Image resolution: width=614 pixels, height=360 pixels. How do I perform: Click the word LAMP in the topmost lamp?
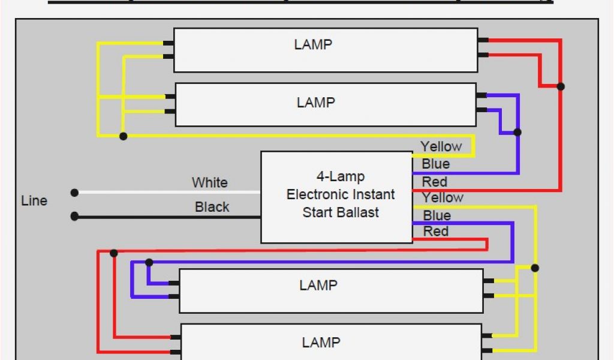pos(313,44)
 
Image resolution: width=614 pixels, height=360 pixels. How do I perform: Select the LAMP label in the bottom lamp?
pos(321,342)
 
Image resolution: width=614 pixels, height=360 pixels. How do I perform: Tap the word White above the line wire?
pos(209,182)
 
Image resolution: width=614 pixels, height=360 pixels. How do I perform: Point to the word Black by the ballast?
pos(212,207)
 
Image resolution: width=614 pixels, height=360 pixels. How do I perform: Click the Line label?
pos(34,200)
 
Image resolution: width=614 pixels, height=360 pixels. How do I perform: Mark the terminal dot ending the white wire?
pos(74,193)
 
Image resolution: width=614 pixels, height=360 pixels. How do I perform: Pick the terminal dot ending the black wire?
pos(74,216)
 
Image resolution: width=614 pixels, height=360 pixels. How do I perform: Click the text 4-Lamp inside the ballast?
pos(341,176)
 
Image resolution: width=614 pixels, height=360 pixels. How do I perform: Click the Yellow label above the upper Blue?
pos(441,146)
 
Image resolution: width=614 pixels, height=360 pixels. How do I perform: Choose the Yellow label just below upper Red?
pos(443,197)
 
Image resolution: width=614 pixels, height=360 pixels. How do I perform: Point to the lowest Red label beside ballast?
pos(435,231)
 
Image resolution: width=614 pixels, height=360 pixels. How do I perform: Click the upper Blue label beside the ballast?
pos(435,164)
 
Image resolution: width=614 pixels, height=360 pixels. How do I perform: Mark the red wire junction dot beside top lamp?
pos(561,86)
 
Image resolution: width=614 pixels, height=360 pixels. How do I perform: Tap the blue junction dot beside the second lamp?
pos(517,132)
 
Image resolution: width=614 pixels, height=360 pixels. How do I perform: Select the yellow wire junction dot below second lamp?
pos(124,136)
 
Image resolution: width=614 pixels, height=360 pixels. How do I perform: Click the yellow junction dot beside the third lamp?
pos(535,268)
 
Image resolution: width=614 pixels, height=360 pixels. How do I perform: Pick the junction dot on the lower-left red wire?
pos(114,253)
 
